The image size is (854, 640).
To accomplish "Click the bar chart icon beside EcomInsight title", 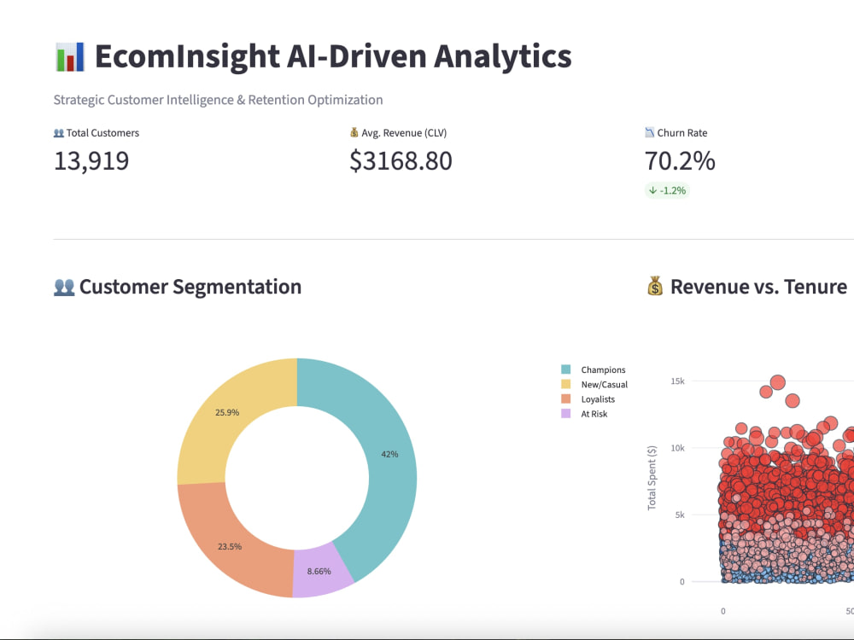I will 69,56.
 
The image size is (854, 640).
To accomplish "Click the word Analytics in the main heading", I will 502,56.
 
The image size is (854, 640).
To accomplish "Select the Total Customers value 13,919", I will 91,160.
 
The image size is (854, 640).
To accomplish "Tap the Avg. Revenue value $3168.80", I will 401,160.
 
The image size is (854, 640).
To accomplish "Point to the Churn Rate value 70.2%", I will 680,160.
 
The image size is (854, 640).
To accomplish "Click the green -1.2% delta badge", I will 667,190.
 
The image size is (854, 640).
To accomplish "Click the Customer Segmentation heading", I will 190,287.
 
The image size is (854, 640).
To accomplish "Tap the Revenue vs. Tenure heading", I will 758,287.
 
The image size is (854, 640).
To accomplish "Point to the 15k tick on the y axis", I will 677,381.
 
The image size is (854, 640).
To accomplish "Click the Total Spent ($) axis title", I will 652,478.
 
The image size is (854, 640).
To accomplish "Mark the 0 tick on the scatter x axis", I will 723,611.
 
